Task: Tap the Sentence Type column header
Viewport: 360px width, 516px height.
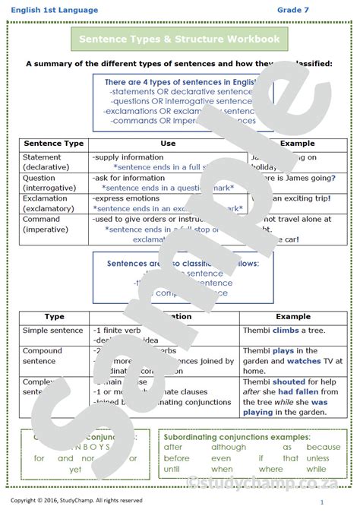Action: pos(54,143)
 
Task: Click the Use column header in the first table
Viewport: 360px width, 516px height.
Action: pos(168,143)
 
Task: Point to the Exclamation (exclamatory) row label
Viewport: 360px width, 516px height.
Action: pos(50,203)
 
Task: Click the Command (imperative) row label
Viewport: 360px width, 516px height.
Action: pos(46,223)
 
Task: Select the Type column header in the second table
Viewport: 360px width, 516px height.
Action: pos(55,317)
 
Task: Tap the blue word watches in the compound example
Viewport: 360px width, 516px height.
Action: pos(304,361)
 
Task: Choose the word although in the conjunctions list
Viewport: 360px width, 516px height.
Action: pos(229,448)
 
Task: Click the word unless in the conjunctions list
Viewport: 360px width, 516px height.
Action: pos(317,458)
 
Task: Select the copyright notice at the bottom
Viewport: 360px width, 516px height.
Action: pos(76,501)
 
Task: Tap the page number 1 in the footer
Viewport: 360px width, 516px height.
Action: pos(322,502)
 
